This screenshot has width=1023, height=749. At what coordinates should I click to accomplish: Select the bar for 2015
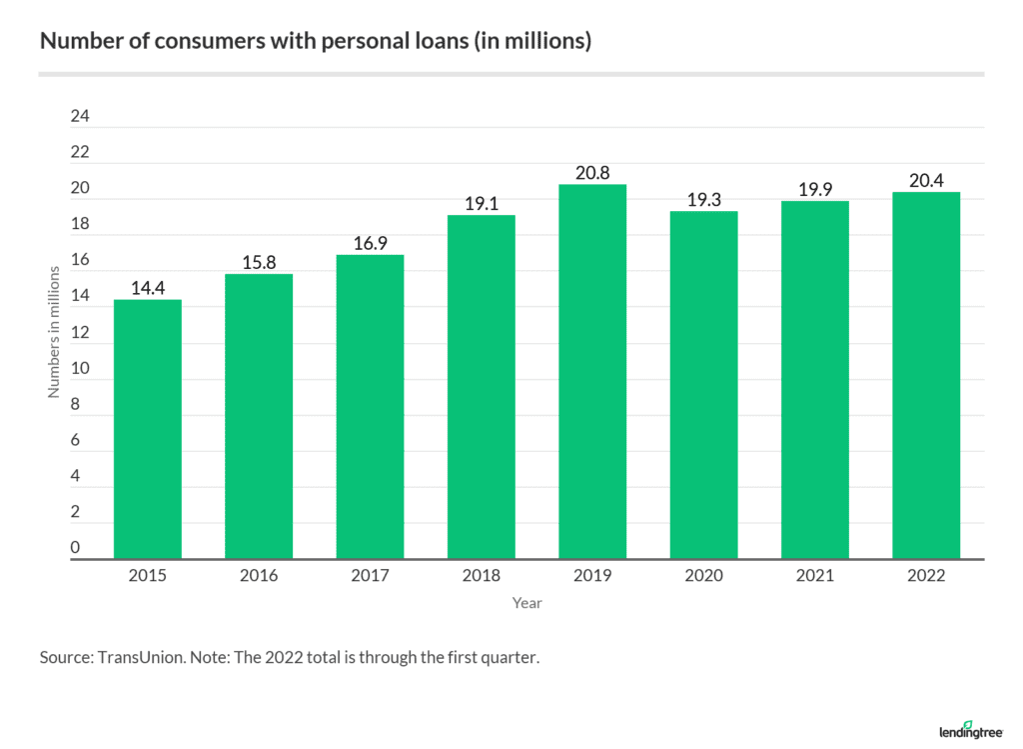click(148, 430)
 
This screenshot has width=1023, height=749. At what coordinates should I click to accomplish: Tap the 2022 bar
click(926, 376)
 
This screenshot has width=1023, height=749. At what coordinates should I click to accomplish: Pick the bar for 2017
click(370, 407)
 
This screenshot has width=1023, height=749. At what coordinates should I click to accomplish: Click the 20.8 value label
click(592, 173)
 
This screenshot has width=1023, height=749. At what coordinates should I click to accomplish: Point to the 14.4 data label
click(148, 289)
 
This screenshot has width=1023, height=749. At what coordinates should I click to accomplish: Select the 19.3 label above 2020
click(703, 200)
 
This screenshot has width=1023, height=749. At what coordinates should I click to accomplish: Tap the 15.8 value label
click(259, 263)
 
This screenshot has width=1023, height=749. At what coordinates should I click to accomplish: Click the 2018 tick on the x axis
click(481, 577)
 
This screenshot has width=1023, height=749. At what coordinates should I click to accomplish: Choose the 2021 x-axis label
click(814, 577)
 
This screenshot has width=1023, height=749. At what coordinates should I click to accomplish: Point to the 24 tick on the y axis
click(80, 117)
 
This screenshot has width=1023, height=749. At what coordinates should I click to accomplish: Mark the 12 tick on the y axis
click(80, 332)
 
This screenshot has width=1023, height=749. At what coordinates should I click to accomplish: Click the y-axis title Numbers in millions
click(54, 333)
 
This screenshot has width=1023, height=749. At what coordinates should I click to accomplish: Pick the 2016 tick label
click(259, 577)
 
